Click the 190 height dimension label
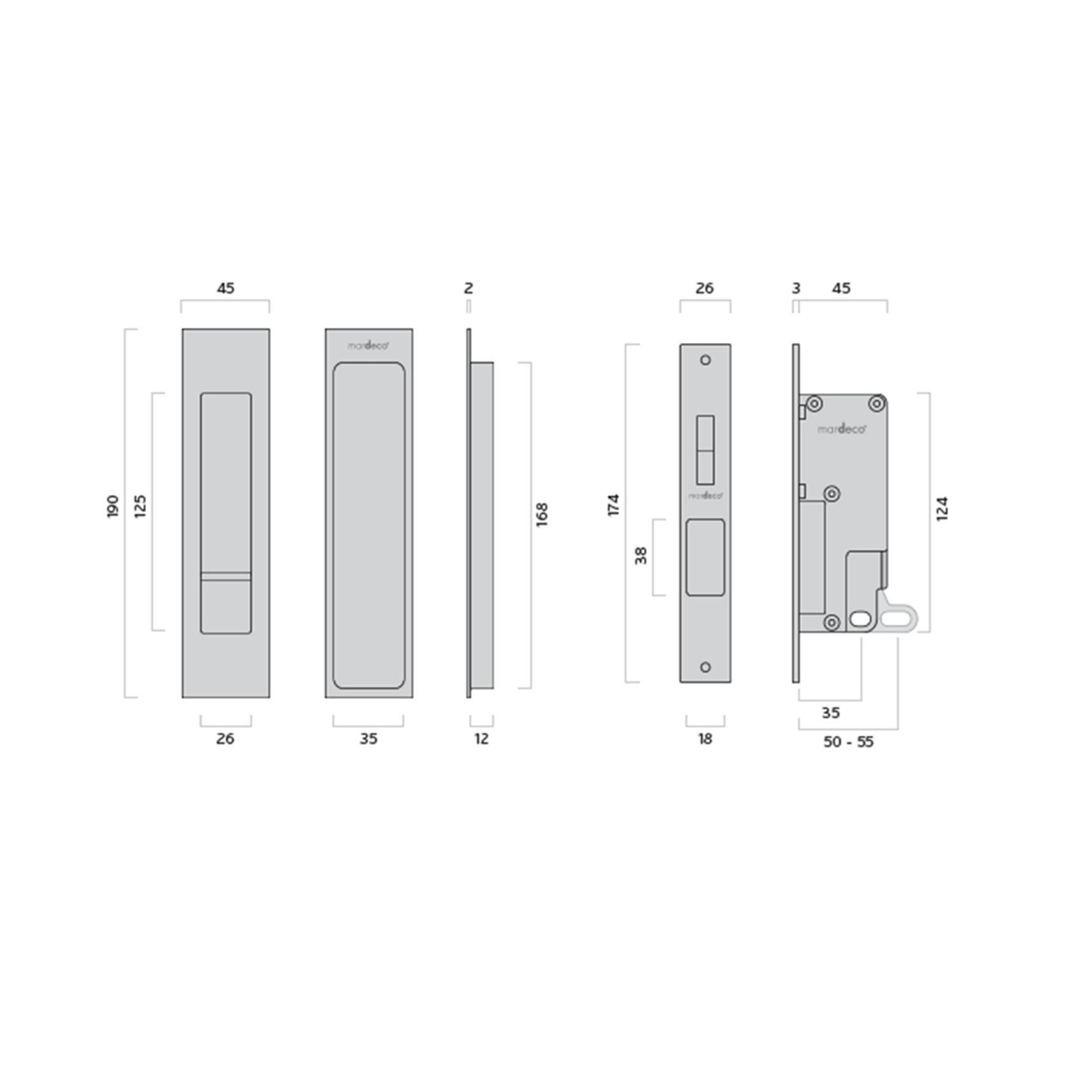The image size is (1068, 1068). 113,506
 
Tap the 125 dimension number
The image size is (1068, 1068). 140,506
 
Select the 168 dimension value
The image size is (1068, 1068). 542,514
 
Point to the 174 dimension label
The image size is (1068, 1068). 613,505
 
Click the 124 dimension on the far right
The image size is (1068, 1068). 942,509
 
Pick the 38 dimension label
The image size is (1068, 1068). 641,556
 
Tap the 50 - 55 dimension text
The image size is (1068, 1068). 848,742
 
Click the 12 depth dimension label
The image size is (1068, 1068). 482,739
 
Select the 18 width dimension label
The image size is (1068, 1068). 705,739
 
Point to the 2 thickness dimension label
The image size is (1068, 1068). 468,288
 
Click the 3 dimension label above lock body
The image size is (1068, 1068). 796,288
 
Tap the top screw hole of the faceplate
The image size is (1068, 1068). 705,360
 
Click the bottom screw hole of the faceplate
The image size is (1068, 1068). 705,667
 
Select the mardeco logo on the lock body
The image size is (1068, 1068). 842,429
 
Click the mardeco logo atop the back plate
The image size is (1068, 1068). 368,345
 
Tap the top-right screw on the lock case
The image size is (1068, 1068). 877,403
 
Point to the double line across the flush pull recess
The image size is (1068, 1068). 226,577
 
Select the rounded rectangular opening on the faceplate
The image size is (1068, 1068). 705,558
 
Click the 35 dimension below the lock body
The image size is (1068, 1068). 830,713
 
